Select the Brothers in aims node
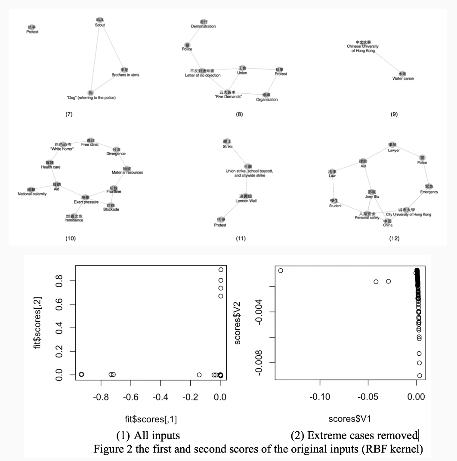coord(125,72)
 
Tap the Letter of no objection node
coord(202,73)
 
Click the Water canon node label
coord(403,79)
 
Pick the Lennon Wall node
coord(246,198)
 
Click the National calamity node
coord(32,191)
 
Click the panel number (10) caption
coord(70,238)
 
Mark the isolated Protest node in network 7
coord(32,29)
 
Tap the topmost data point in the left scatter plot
coord(221,270)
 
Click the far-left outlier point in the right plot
coord(281,270)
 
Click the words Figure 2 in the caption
coord(109,449)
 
